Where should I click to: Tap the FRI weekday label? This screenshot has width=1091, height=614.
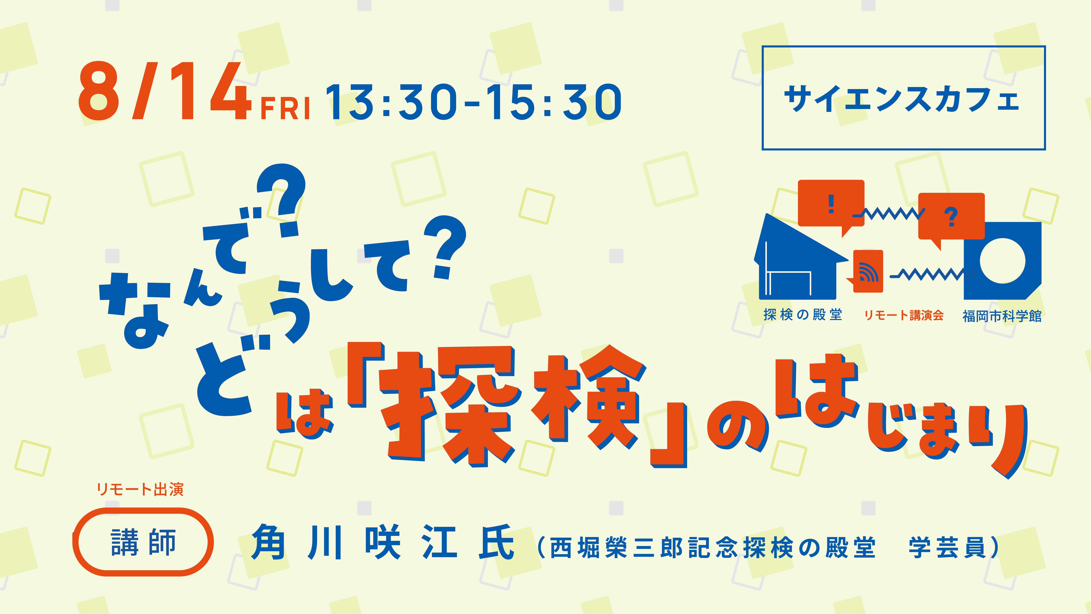pos(285,108)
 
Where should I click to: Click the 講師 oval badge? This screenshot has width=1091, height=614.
pos(143,542)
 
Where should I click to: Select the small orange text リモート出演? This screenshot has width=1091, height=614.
pos(140,489)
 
